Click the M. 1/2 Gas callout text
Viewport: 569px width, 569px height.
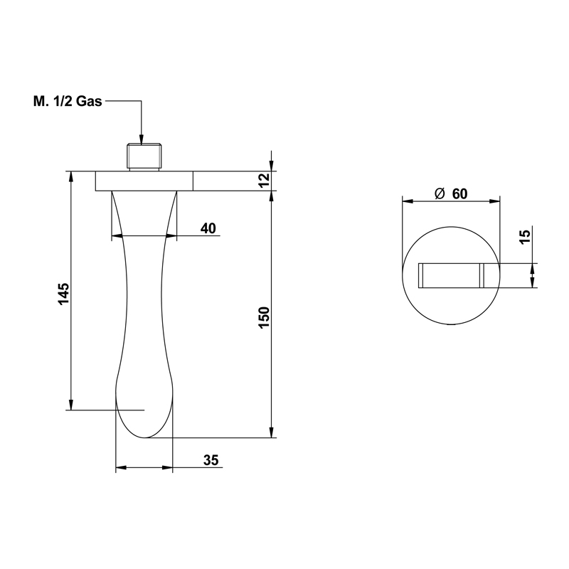coord(68,101)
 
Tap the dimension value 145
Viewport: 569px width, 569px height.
coord(63,294)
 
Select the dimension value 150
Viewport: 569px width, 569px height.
coord(264,318)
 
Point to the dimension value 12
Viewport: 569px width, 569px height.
coord(265,180)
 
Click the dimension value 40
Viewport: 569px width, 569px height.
coord(208,228)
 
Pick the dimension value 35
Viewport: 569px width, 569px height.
coord(211,460)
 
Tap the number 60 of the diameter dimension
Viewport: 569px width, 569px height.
coord(459,194)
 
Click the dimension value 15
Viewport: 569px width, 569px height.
coord(525,236)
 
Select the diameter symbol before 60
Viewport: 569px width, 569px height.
coord(440,193)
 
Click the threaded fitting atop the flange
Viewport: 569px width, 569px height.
coord(144,156)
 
